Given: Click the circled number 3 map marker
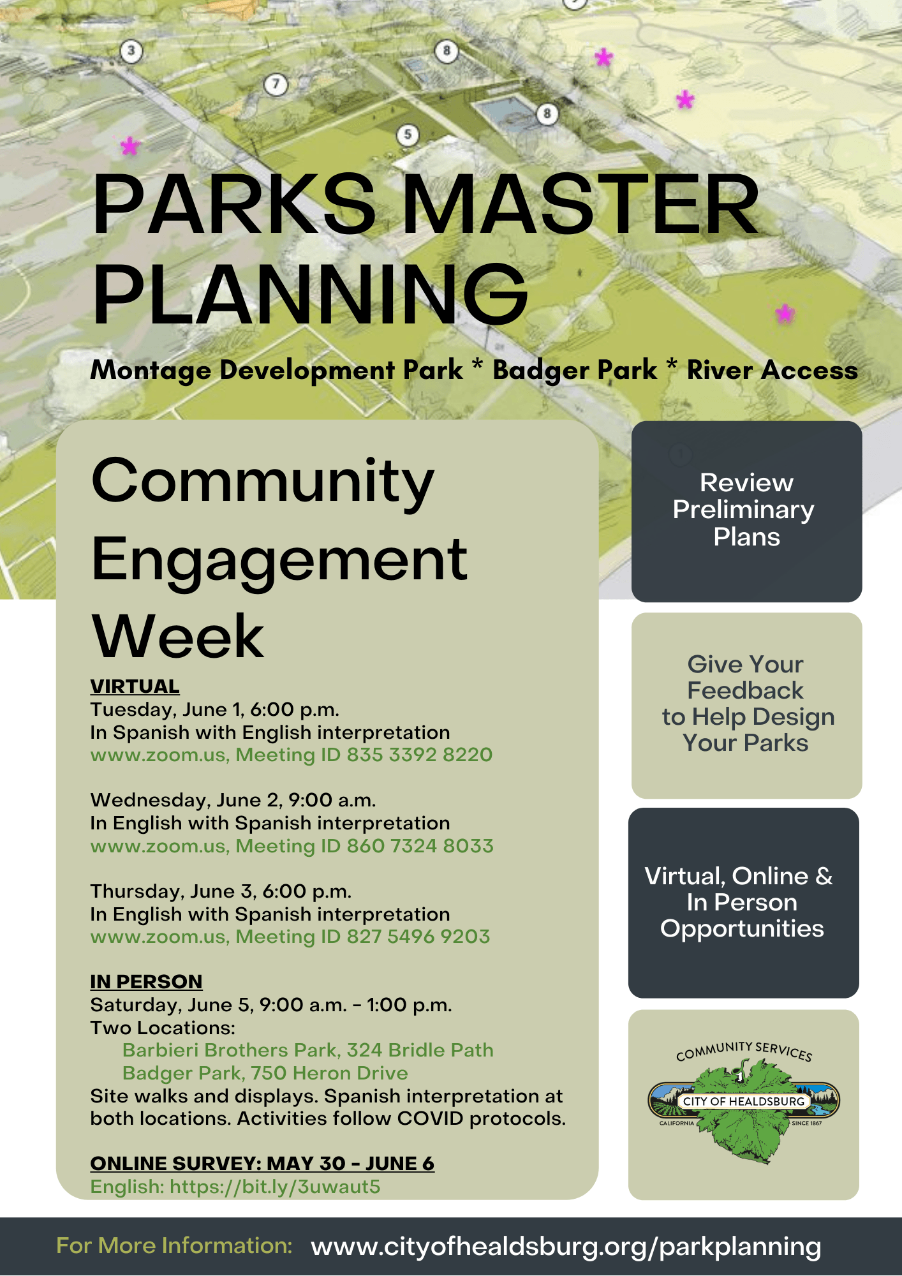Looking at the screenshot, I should (x=131, y=51).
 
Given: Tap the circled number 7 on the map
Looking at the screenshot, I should (x=276, y=84).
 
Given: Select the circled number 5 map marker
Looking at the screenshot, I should (x=408, y=135).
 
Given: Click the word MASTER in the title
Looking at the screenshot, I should (x=580, y=205).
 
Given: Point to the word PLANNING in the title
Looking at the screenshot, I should (x=311, y=295).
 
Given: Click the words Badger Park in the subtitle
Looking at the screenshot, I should (x=574, y=370).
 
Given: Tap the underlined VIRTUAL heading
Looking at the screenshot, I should (x=135, y=686).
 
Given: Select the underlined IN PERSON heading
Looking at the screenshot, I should (x=146, y=981).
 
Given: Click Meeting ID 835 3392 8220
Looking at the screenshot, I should (x=364, y=755).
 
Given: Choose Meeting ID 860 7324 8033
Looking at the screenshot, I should (x=364, y=846).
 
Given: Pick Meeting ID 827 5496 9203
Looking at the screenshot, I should (x=362, y=937).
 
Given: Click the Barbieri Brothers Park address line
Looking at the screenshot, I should (x=307, y=1050).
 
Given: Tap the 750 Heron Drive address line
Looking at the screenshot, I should (x=265, y=1073).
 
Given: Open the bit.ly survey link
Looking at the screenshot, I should (x=274, y=1187).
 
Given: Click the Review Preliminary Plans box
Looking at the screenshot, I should (x=746, y=510).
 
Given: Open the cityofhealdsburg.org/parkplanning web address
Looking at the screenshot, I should (x=565, y=1246).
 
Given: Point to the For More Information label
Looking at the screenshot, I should (x=174, y=1245).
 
